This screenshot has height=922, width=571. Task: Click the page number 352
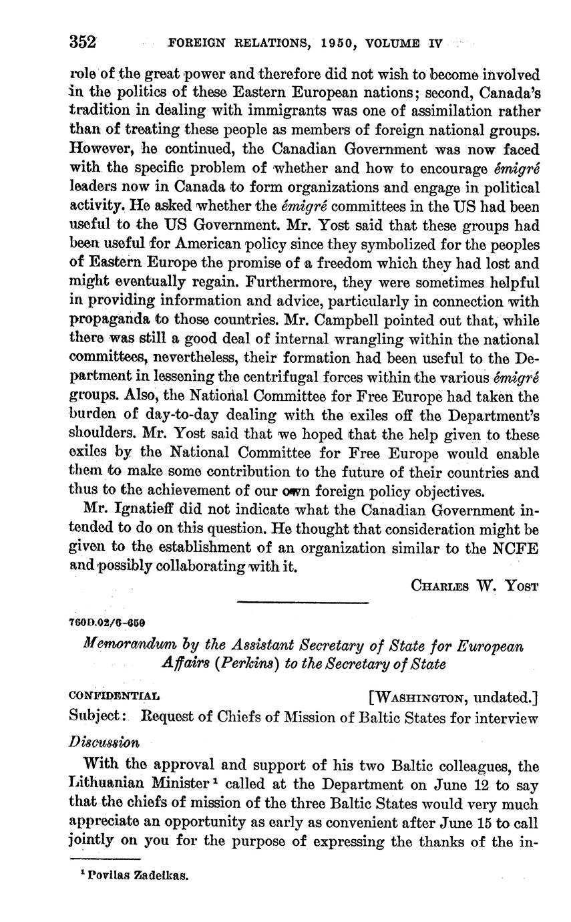[x=83, y=42]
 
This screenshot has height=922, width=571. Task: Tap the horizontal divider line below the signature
[x=303, y=603]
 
